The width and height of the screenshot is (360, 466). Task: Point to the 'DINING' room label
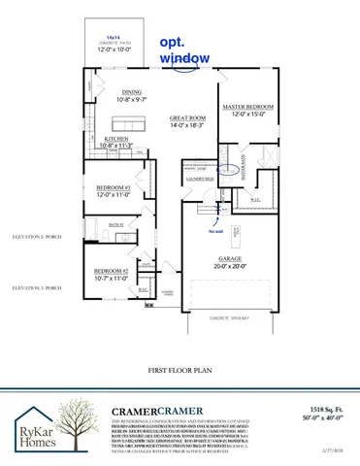point(131,93)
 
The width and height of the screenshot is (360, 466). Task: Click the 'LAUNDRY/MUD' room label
point(198,178)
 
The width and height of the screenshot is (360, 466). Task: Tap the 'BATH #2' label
point(115,223)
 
